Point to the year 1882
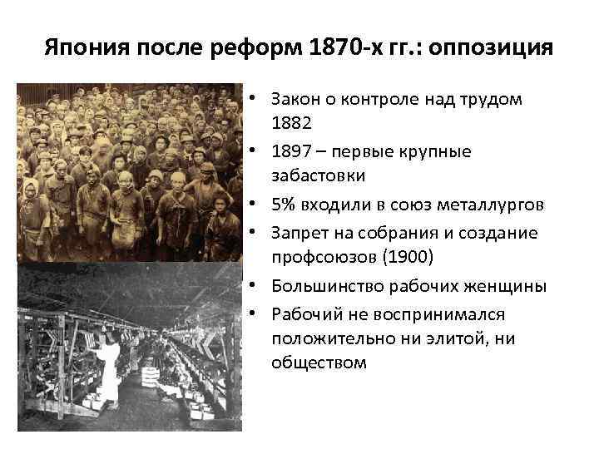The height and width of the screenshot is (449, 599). coord(291,121)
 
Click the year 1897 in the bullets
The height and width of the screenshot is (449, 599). coord(291,151)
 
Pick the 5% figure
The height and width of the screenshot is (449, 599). coord(283,205)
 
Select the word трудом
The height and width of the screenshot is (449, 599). coord(493,98)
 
